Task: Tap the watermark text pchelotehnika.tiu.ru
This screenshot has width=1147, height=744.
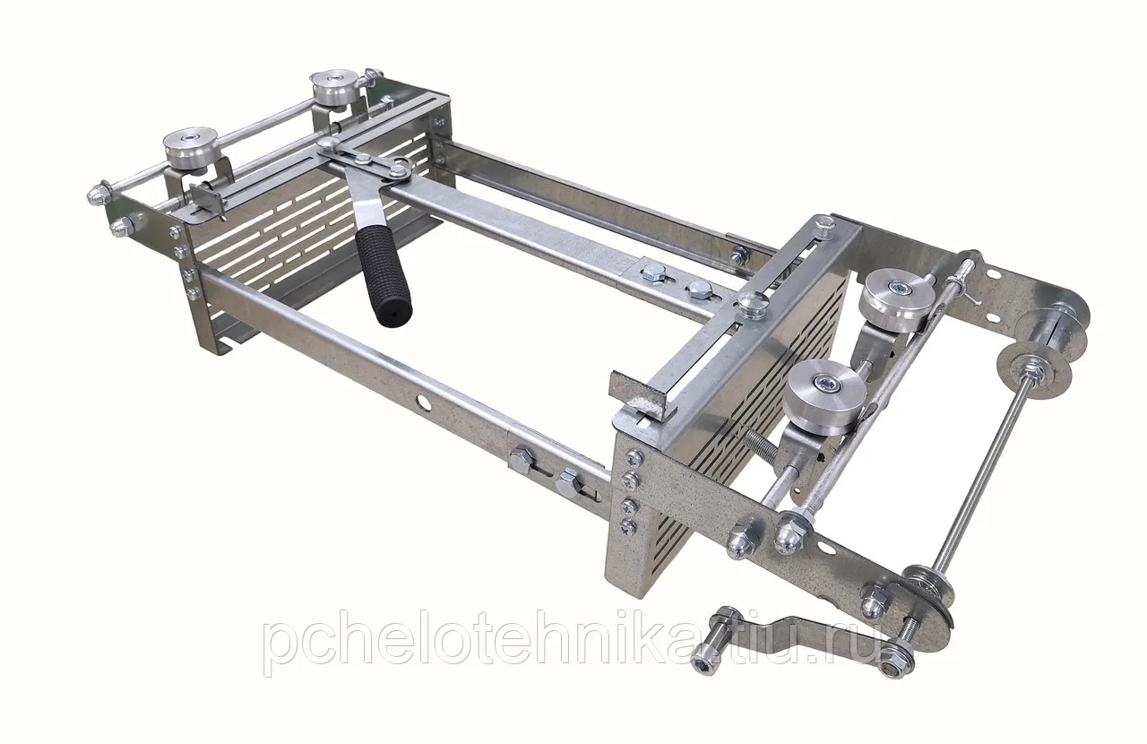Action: pos(573,641)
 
